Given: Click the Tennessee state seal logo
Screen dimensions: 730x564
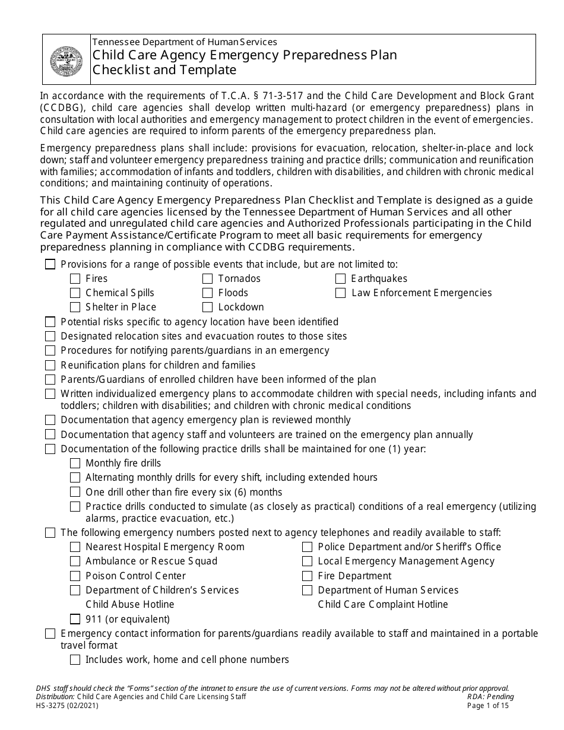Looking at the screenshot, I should (66, 59).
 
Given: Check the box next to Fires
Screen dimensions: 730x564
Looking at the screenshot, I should (75, 278).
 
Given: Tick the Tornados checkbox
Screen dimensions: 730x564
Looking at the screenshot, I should (207, 278).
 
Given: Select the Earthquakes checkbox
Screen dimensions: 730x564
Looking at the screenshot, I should (340, 278).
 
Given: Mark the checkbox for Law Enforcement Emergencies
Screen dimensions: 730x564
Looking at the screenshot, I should (340, 293).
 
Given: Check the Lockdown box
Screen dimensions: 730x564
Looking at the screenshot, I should (207, 307).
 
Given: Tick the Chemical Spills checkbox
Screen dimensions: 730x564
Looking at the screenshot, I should (75, 293).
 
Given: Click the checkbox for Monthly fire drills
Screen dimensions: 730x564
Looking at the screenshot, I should (75, 463).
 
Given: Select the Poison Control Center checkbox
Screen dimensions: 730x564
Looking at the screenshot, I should (75, 576).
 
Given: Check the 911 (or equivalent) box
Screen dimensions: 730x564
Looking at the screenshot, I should (75, 619).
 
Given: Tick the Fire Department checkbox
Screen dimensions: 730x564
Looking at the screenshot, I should (307, 576).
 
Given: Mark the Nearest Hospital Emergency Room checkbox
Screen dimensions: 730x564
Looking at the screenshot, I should (75, 547).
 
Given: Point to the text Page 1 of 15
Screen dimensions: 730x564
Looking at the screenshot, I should (488, 706).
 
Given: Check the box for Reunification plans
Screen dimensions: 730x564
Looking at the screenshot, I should (50, 365).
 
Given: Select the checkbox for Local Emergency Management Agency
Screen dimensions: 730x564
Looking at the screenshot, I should (307, 561).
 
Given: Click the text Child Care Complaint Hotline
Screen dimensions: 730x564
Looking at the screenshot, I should (382, 604).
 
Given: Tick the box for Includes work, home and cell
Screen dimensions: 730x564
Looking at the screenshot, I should (75, 659).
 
